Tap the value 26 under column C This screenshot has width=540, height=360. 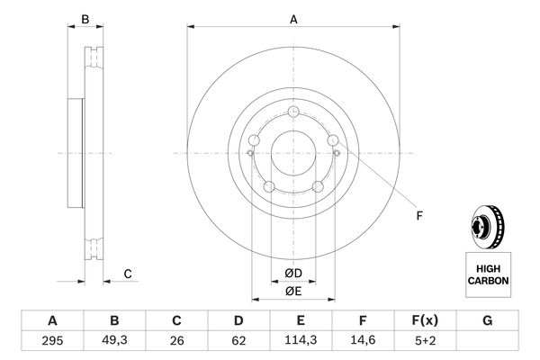point(176,342)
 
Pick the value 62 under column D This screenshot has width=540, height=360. point(238,342)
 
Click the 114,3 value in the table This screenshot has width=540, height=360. point(301,342)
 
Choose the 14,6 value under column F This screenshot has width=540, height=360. point(363,342)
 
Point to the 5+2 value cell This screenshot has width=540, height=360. point(425,342)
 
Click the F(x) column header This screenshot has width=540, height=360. point(425,320)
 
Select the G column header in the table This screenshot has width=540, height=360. point(487,320)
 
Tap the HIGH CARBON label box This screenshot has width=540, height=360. point(488,274)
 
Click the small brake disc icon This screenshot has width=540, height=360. point(487,228)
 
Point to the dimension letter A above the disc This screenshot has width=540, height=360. point(293,19)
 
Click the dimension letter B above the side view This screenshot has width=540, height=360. point(85,19)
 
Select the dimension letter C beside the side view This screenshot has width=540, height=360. point(128,274)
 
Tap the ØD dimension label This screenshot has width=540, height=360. point(293,273)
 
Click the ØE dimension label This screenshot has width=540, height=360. point(293,290)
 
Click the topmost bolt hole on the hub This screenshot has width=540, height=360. point(293,112)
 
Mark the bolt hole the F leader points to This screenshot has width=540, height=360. point(334,141)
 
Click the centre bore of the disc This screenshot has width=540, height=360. point(293,154)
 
